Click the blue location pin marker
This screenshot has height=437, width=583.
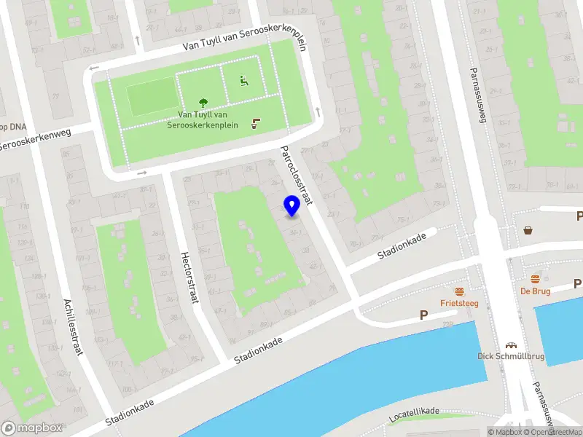click(291, 206)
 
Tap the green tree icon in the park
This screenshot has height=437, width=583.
click(203, 103)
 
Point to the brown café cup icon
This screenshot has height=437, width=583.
click(255, 123)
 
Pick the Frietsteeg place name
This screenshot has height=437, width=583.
click(459, 303)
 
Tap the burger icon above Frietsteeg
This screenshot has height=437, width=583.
click(460, 291)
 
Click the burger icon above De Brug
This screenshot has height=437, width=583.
click(536, 279)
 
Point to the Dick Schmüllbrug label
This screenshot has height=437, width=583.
click(510, 356)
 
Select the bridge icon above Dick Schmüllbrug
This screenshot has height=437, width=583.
click(511, 345)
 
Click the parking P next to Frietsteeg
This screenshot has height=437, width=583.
click(423, 315)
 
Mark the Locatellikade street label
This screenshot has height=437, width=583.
click(415, 414)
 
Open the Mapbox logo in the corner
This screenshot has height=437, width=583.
click(32, 428)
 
